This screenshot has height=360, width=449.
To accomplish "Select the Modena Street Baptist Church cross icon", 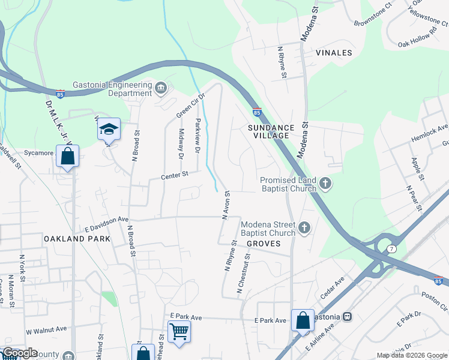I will (x=304, y=228).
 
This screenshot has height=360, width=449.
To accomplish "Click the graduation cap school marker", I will (x=109, y=129).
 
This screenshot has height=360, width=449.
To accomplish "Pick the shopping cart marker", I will (x=179, y=331).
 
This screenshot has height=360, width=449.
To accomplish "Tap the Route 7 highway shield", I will (x=392, y=248).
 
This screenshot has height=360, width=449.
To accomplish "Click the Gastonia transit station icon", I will (x=347, y=316).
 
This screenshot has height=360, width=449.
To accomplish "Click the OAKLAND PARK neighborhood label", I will (x=77, y=238).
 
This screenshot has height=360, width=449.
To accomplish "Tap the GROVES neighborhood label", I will (x=264, y=244).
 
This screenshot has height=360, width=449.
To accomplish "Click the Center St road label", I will (x=175, y=175).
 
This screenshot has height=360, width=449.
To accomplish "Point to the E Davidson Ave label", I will (x=107, y=224).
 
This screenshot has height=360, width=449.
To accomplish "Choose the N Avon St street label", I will (x=226, y=206).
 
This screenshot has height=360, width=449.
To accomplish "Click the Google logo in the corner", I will (x=20, y=353).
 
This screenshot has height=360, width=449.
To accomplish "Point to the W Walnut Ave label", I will (x=46, y=329).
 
